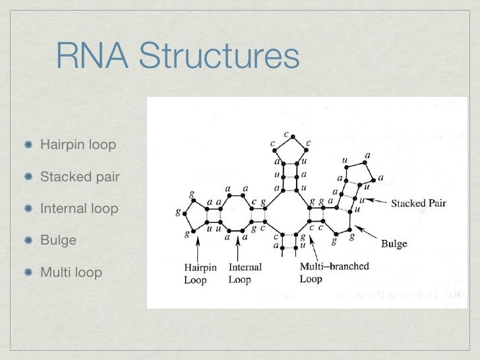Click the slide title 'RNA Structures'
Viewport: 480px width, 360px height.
pyautogui.click(x=178, y=56)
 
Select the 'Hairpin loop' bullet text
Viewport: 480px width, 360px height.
pyautogui.click(x=78, y=144)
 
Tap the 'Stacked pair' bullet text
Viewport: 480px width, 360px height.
pyautogui.click(x=79, y=177)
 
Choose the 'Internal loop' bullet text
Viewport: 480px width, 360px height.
pyautogui.click(x=79, y=208)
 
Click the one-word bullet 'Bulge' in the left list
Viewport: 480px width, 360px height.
pyautogui.click(x=58, y=240)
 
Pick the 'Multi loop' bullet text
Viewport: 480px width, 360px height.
pyautogui.click(x=71, y=272)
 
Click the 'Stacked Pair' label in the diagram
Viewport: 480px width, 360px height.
pyautogui.click(x=418, y=203)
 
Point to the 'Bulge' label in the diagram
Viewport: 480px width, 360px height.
pyautogui.click(x=394, y=244)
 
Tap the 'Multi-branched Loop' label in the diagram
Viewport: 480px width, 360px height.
pyautogui.click(x=334, y=272)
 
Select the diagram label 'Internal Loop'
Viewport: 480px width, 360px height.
pyautogui.click(x=245, y=273)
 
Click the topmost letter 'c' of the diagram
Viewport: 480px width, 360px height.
pyautogui.click(x=286, y=135)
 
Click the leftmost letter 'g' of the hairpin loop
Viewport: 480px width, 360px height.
pyautogui.click(x=177, y=213)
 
